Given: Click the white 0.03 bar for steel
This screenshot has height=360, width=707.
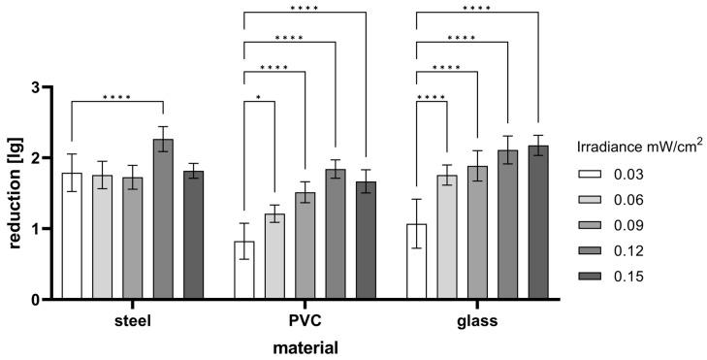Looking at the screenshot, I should point(72,237).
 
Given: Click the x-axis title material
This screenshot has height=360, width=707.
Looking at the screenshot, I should point(305,344).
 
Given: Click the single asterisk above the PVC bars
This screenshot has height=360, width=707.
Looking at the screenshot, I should point(259,96).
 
